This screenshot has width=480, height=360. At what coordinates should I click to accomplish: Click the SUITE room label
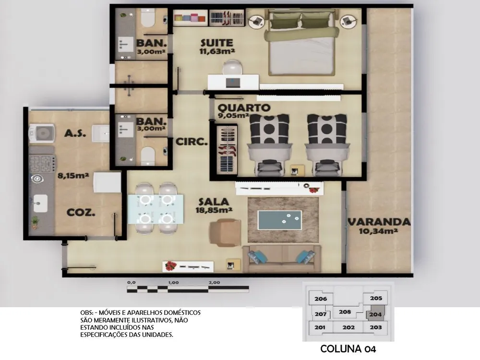(x=217, y=43)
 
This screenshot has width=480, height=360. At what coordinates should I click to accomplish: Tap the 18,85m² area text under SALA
(x=214, y=210)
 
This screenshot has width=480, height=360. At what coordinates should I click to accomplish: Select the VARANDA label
(x=379, y=222)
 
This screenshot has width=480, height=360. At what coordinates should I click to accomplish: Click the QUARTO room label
(x=244, y=108)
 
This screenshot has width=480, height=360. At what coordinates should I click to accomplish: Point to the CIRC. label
(x=192, y=142)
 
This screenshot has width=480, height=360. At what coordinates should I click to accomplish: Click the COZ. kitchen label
(x=81, y=213)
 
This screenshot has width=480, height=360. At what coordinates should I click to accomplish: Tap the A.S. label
(x=75, y=133)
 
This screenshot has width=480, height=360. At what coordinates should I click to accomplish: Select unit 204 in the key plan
(x=375, y=314)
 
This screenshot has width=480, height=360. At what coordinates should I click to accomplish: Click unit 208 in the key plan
(x=345, y=312)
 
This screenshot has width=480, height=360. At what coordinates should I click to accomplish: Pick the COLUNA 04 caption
(x=348, y=348)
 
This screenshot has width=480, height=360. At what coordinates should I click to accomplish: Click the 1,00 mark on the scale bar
(x=173, y=283)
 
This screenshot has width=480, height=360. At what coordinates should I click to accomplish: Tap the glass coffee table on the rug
(x=279, y=220)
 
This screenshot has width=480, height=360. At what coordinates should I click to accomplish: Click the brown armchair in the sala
(x=226, y=232)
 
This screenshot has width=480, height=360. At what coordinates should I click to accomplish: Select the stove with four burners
(x=42, y=164)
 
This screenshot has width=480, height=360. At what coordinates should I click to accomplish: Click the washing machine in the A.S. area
(x=42, y=134)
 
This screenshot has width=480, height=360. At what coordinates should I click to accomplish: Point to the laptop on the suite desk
(x=233, y=83)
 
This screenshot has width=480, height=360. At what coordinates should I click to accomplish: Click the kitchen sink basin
(x=40, y=203)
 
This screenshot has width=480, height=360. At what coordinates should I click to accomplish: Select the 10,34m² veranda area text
(x=378, y=231)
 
